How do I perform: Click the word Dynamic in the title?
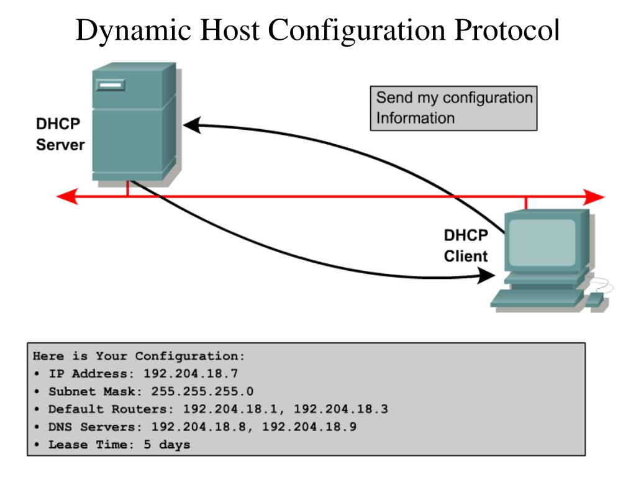tap(134, 31)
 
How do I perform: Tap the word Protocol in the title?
tap(507, 30)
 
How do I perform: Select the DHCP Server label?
tap(60, 134)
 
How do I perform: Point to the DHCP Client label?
tap(466, 246)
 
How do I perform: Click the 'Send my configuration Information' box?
tap(453, 108)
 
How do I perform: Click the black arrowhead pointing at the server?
tap(193, 125)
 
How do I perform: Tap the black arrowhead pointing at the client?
tap(486, 275)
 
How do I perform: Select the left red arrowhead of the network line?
tap(67, 197)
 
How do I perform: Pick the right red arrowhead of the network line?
tap(594, 197)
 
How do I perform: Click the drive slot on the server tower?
tap(111, 84)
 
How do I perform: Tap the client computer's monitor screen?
tap(542, 242)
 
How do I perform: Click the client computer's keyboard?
tap(537, 298)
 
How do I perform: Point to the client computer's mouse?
tap(595, 300)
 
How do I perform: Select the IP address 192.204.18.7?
tap(191, 373)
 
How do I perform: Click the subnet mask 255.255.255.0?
tap(202, 391)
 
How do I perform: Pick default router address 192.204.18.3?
tap(341, 409)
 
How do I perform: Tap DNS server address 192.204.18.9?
tap(309, 426)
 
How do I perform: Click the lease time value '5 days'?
tap(166, 445)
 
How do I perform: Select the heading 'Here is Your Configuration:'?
tap(139, 356)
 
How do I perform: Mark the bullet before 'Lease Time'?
tap(37, 444)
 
